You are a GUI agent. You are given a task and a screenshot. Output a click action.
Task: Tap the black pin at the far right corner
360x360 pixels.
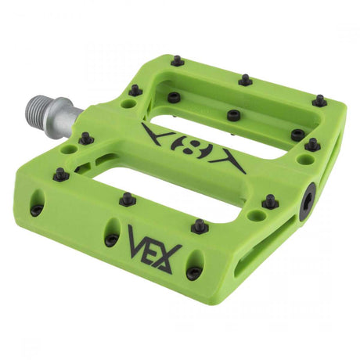(x=319, y=101)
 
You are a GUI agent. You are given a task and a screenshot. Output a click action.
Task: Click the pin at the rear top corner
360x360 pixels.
(x=178, y=60)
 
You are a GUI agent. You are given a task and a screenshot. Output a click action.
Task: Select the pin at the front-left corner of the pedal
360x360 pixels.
(x=60, y=175)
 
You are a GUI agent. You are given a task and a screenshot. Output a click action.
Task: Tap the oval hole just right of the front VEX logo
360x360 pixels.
(x=193, y=270)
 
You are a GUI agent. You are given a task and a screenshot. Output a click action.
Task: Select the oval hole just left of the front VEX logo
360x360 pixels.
(x=112, y=237)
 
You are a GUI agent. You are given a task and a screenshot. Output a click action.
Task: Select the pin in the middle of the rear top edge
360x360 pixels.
(x=246, y=80)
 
